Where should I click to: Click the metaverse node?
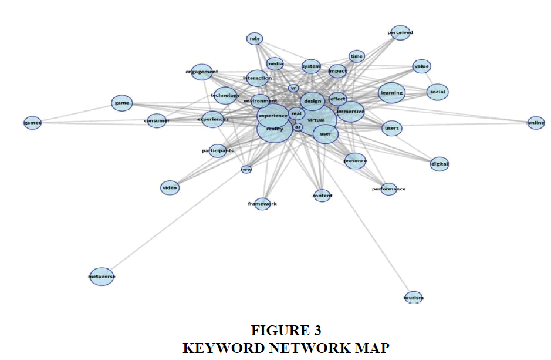tap(101, 276)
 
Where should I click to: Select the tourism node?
tap(414, 298)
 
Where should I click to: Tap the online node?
tap(536, 123)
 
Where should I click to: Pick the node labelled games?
tap(32, 123)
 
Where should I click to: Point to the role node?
tap(254, 39)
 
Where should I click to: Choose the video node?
tap(170, 188)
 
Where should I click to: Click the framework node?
tap(262, 204)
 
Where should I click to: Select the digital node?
tap(440, 164)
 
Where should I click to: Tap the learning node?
tap(391, 93)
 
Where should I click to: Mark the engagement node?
tap(201, 72)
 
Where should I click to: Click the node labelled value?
tap(421, 66)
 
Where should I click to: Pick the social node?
tap(437, 92)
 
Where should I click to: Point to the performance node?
tap(388, 189)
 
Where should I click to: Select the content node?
tap(322, 196)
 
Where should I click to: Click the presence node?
tap(355, 160)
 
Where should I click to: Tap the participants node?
tap(218, 151)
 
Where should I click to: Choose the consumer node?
tap(157, 121)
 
